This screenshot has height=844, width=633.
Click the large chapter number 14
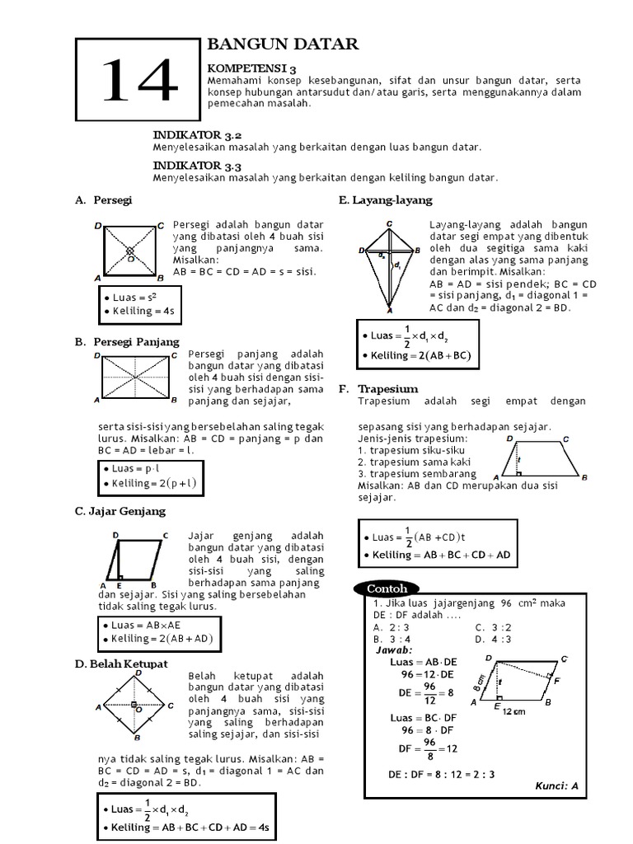[141, 82]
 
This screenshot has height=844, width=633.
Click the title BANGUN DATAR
[282, 45]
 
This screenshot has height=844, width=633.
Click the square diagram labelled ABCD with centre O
[129, 251]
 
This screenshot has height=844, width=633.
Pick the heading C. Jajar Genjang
[120, 511]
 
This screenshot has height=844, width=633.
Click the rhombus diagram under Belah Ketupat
[134, 706]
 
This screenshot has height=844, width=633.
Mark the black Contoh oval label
[382, 588]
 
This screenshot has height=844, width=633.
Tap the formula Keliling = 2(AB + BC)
[415, 355]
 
